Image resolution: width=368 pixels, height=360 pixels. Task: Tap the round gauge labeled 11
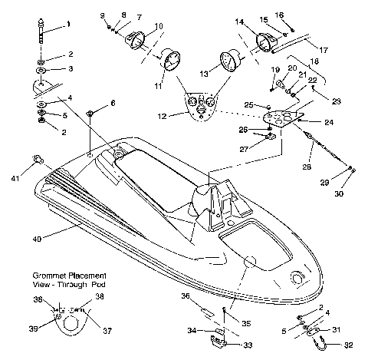click(x=169, y=62)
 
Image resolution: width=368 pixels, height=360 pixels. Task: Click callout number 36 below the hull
click(x=185, y=294)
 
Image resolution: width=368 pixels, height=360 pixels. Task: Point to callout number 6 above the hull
click(x=113, y=103)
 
